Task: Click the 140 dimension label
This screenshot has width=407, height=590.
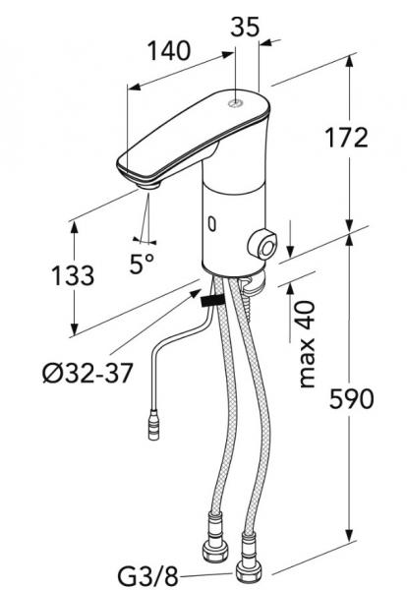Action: (169, 50)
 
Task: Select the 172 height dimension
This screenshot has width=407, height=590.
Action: (346, 137)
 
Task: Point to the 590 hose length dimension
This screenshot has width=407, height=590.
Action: (352, 399)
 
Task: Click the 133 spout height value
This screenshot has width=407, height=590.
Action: (73, 275)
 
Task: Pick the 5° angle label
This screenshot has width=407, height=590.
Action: (142, 264)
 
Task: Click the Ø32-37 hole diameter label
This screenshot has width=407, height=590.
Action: (87, 374)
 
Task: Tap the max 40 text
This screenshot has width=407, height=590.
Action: (307, 344)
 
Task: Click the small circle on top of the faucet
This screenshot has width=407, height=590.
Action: (236, 103)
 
